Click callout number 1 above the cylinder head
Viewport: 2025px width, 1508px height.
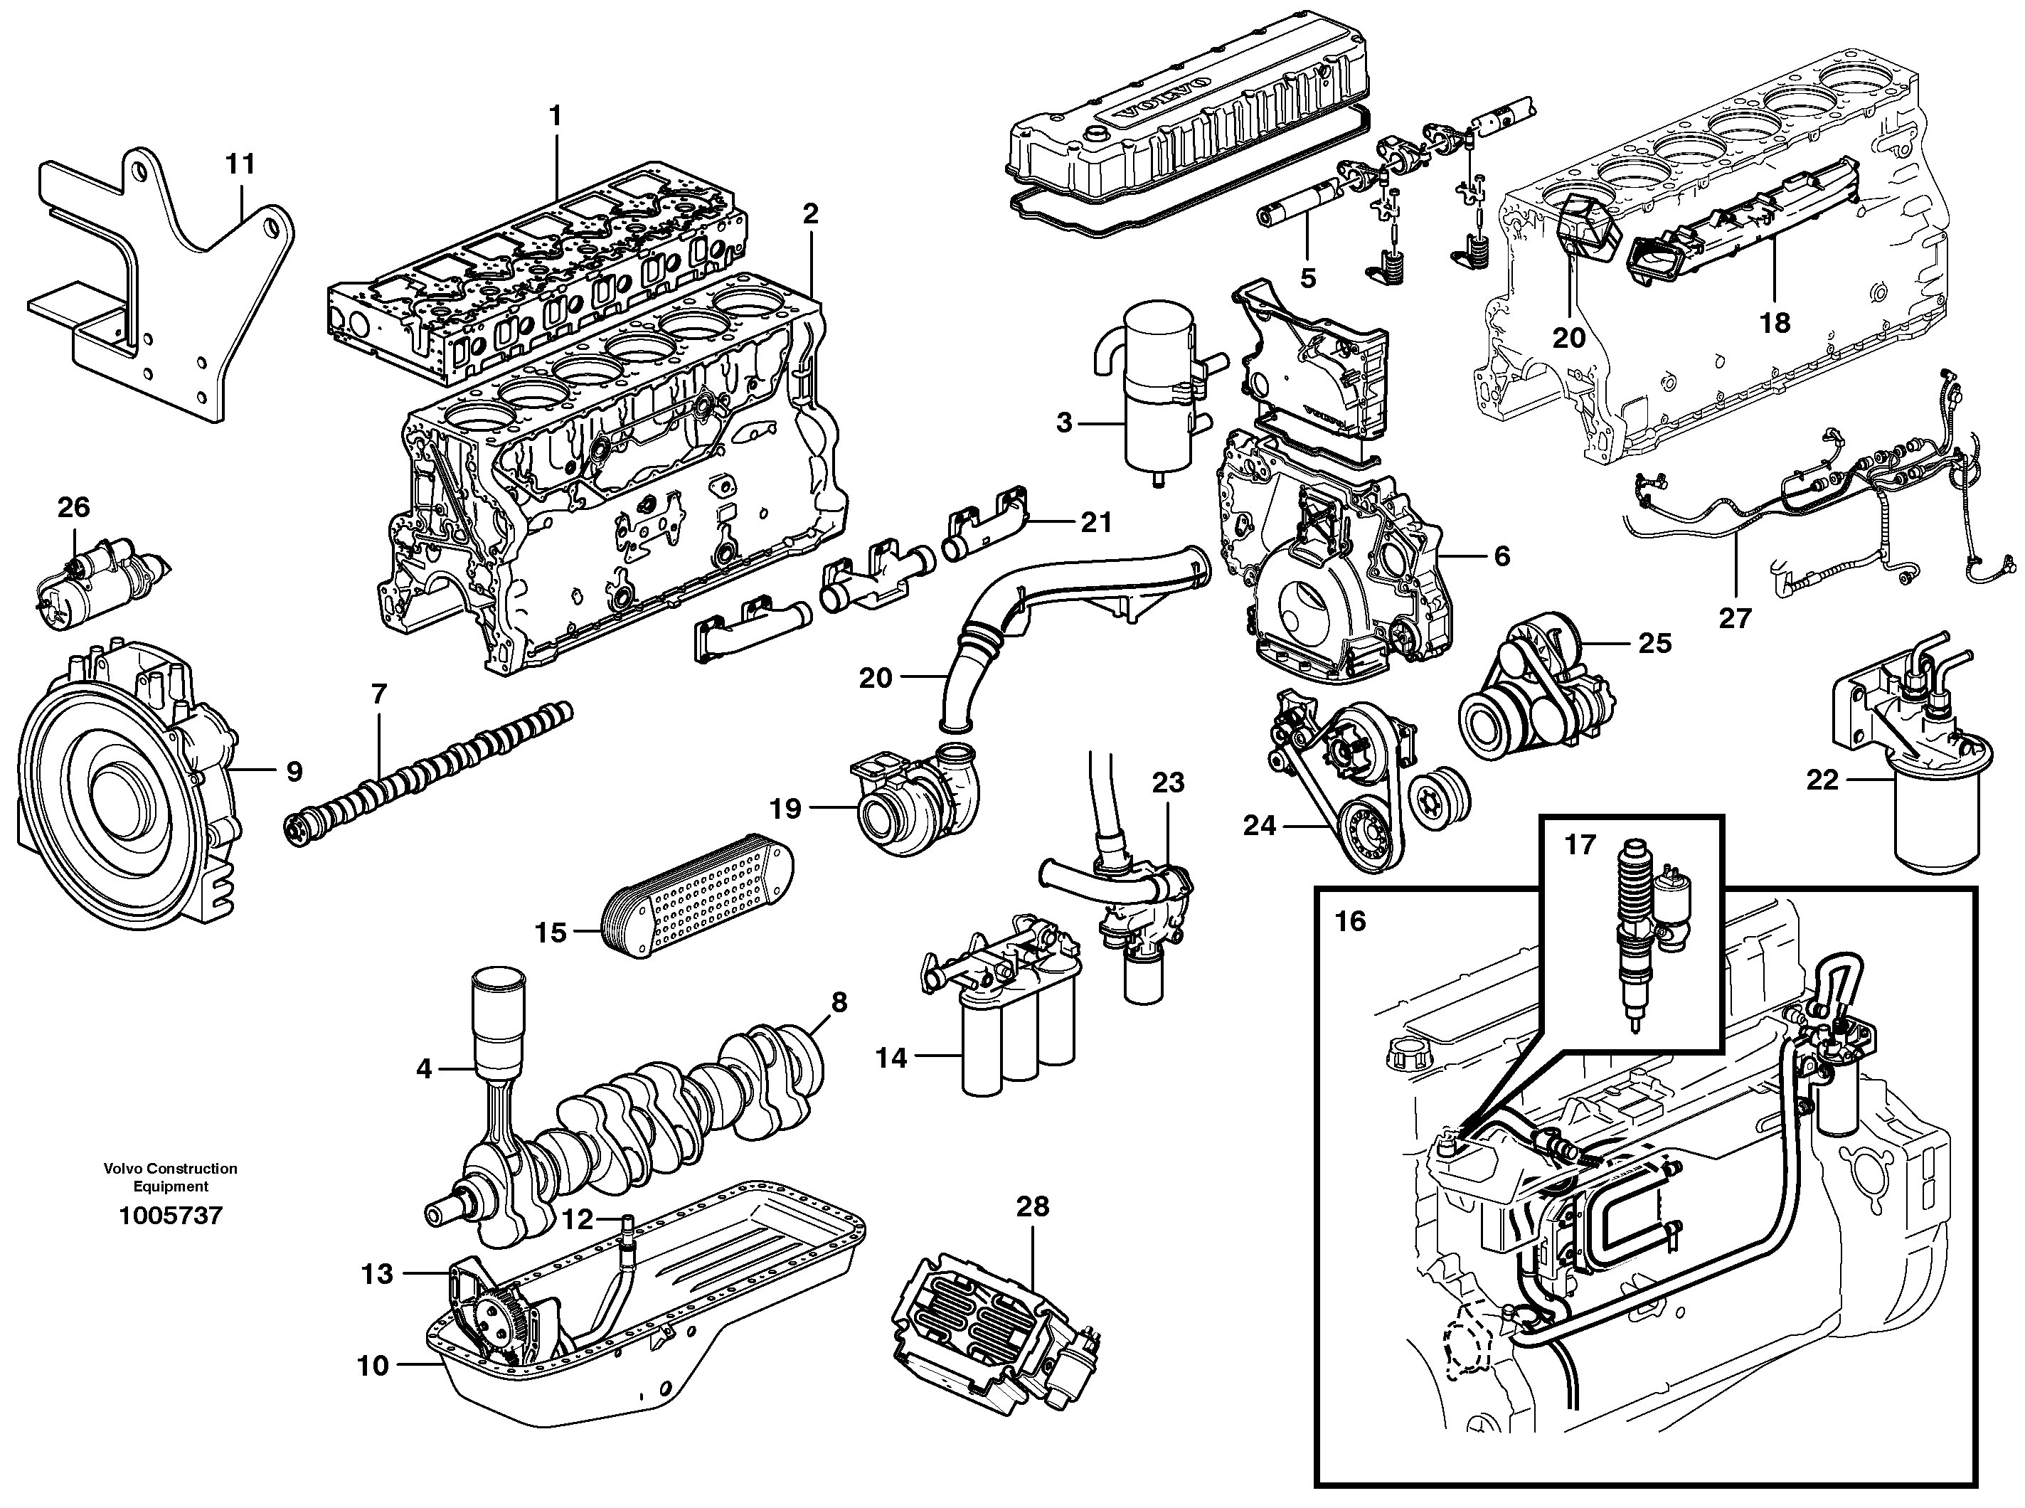(555, 116)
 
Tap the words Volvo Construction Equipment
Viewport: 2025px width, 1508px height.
(171, 1177)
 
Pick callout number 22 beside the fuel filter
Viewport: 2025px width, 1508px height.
(1822, 780)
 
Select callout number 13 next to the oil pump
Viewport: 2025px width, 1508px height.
(377, 1273)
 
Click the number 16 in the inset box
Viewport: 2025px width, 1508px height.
(1350, 921)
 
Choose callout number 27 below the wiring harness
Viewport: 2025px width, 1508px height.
(1735, 618)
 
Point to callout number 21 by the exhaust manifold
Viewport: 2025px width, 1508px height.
(1096, 522)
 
